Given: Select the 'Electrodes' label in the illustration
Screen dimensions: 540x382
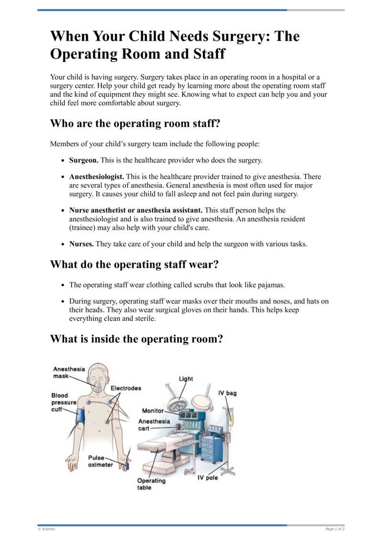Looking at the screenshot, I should [126, 388].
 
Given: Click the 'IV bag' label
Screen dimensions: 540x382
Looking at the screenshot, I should [227, 393].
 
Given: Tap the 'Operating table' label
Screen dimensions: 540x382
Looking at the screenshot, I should [151, 484].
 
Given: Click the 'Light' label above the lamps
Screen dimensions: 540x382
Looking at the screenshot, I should [186, 378].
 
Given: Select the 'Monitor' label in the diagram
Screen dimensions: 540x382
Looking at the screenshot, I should [153, 410].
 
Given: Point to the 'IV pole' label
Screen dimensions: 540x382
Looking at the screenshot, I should [208, 477].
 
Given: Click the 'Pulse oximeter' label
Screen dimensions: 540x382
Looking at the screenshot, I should [100, 461].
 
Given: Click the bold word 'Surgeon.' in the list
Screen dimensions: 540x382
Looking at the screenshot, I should [84, 160].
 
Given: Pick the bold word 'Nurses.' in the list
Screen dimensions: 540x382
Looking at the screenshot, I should [82, 244].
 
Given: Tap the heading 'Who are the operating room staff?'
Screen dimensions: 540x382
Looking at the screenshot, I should [135, 123].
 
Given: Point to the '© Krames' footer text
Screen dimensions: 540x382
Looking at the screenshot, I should [46, 529].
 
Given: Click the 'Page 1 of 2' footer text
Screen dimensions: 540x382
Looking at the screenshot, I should [335, 529].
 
